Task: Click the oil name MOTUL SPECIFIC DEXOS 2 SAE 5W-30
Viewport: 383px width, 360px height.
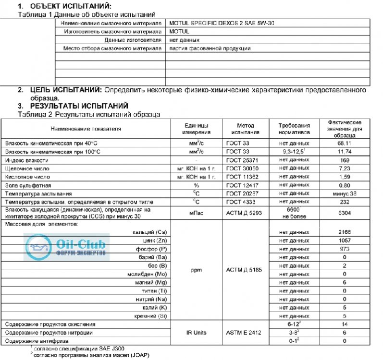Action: point(222,23)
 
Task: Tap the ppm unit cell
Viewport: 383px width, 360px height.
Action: point(196,270)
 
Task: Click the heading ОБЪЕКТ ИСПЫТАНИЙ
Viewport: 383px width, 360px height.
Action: point(70,6)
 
